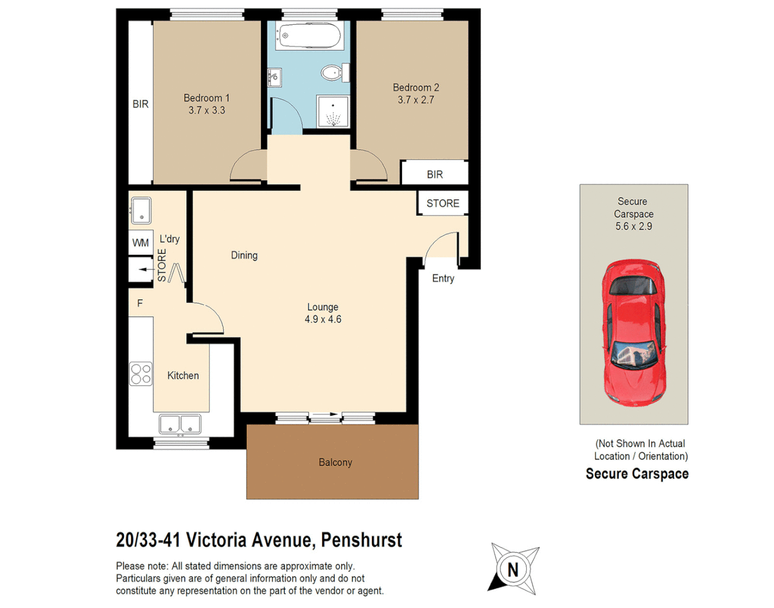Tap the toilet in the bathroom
[333, 73]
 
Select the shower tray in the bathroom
[333, 111]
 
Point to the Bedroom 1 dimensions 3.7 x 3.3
[207, 111]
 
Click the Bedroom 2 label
[415, 88]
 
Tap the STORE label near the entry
[442, 204]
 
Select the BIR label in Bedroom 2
[435, 175]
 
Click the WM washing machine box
[141, 243]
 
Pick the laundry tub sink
[141, 210]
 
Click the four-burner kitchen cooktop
[141, 374]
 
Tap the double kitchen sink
[180, 424]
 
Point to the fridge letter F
[140, 303]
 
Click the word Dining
[244, 256]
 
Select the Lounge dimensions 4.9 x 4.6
[323, 320]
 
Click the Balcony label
[335, 462]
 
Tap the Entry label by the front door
[443, 278]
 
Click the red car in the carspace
[634, 332]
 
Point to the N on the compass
[513, 570]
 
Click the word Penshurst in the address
[361, 540]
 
